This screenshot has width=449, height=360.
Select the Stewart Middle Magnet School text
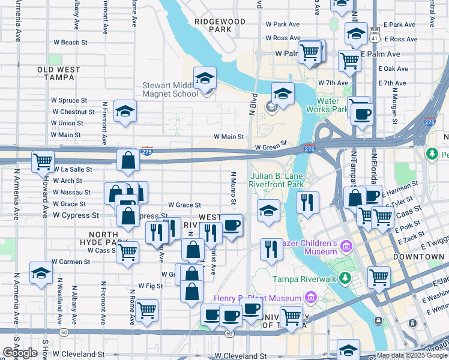pos(170,89)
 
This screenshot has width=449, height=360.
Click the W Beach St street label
pos(70,43)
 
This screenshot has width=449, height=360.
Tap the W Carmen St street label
pos(70,262)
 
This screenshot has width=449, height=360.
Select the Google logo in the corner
pos(20,353)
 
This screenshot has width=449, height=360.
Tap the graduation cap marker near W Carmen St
pos(40,272)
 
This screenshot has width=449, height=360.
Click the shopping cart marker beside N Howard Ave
pos(43,161)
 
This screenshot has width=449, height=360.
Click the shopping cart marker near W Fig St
pos(146,310)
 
